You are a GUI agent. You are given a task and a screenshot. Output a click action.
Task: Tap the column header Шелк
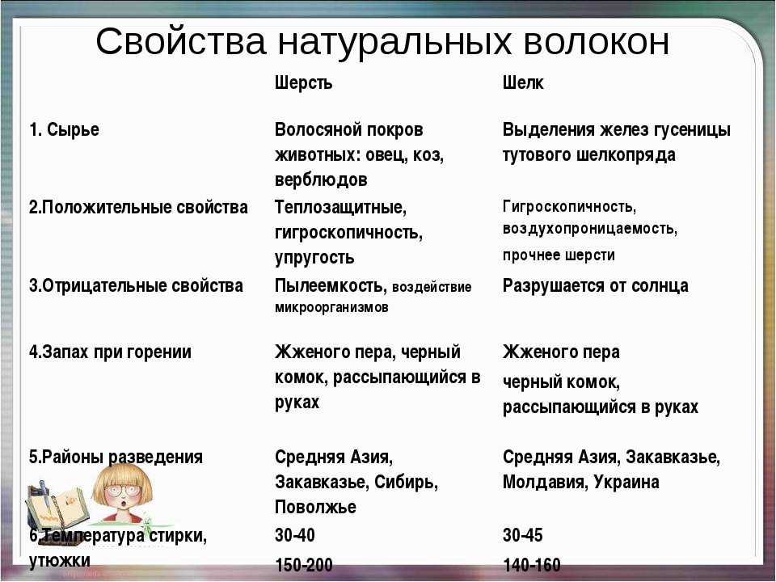pyautogui.click(x=523, y=83)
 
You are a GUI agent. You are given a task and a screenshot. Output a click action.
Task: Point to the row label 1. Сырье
pyautogui.click(x=64, y=129)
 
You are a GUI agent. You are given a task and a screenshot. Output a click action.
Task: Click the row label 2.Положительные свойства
pyautogui.click(x=138, y=207)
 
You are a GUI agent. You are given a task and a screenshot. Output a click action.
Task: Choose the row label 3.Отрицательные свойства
pyautogui.click(x=136, y=285)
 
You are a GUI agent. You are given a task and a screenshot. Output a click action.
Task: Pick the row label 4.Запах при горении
pyautogui.click(x=110, y=352)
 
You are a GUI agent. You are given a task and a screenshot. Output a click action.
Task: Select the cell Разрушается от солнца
pyautogui.click(x=595, y=285)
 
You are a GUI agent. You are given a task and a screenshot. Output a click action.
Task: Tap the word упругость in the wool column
pyautogui.click(x=314, y=258)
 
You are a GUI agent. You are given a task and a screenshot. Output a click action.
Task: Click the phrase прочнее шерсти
pyautogui.click(x=559, y=255)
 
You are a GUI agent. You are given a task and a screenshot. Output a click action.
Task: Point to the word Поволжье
pyautogui.click(x=315, y=508)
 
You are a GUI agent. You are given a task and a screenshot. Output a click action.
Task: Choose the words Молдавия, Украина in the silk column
pyautogui.click(x=580, y=483)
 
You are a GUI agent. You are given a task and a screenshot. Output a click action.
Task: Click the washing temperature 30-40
pyautogui.click(x=295, y=536)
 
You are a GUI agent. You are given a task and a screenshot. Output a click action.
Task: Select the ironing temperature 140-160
pyautogui.click(x=531, y=565)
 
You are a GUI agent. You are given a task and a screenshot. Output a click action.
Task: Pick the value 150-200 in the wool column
pyautogui.click(x=303, y=565)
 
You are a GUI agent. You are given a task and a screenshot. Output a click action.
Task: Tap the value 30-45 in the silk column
pyautogui.click(x=523, y=536)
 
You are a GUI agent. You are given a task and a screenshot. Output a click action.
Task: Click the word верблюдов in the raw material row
pyautogui.click(x=321, y=179)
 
